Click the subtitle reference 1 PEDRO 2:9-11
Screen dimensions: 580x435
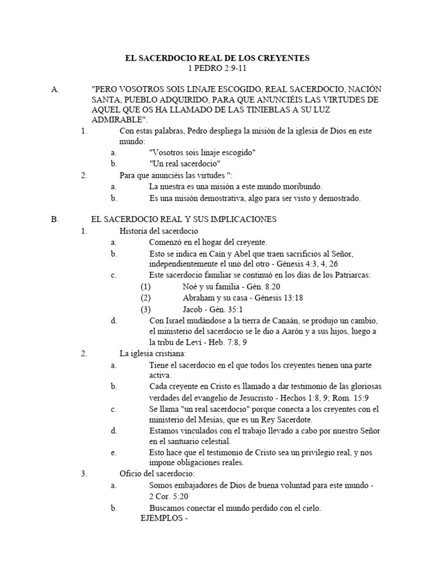click(x=217, y=69)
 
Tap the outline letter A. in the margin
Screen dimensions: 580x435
click(x=54, y=89)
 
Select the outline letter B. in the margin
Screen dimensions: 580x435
click(x=54, y=219)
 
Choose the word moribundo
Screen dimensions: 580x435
click(x=301, y=186)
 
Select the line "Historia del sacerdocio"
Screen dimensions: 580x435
click(x=159, y=231)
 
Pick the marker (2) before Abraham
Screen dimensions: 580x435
click(x=146, y=297)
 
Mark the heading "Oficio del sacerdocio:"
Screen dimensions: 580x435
click(x=157, y=474)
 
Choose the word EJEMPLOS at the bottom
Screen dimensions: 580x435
click(x=160, y=518)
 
